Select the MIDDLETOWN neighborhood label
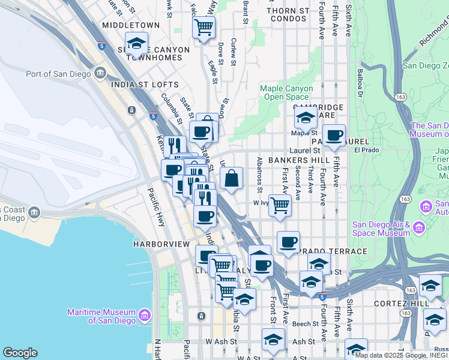pos(131,25)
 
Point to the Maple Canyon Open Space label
pos(286,92)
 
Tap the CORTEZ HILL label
pos(399,304)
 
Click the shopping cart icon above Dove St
pos(203,27)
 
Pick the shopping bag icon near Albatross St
pos(231,178)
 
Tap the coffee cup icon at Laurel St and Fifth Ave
pos(333,135)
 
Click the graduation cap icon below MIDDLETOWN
pos(137,44)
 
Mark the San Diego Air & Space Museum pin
pos(419,227)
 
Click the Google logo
pos(20,353)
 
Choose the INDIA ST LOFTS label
pos(145,85)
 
